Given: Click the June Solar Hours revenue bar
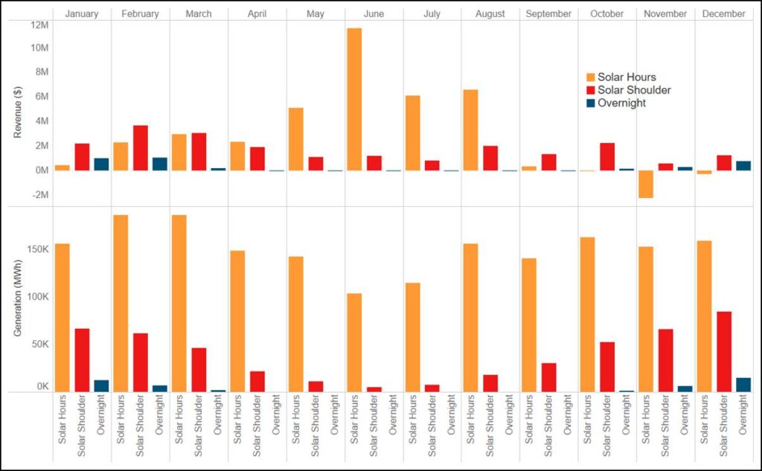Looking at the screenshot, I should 354,99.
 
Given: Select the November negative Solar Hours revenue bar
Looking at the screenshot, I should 645,184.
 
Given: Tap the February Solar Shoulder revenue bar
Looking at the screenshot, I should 140,147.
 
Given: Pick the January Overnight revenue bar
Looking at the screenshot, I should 101,164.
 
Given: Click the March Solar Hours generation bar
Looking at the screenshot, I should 179,303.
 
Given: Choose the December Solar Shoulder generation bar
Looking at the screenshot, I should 723,351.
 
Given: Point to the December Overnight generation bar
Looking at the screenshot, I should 743,384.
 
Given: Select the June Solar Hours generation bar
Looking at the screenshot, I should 354,342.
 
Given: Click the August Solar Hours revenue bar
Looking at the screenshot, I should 470,129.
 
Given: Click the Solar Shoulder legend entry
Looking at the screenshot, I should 633,90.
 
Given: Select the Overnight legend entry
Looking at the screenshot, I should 621,103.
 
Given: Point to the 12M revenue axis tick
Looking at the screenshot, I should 39,24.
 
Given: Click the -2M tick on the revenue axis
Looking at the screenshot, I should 39,195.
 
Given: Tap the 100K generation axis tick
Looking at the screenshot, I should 36,296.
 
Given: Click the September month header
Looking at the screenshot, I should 548,14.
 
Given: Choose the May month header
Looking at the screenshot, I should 315,14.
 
